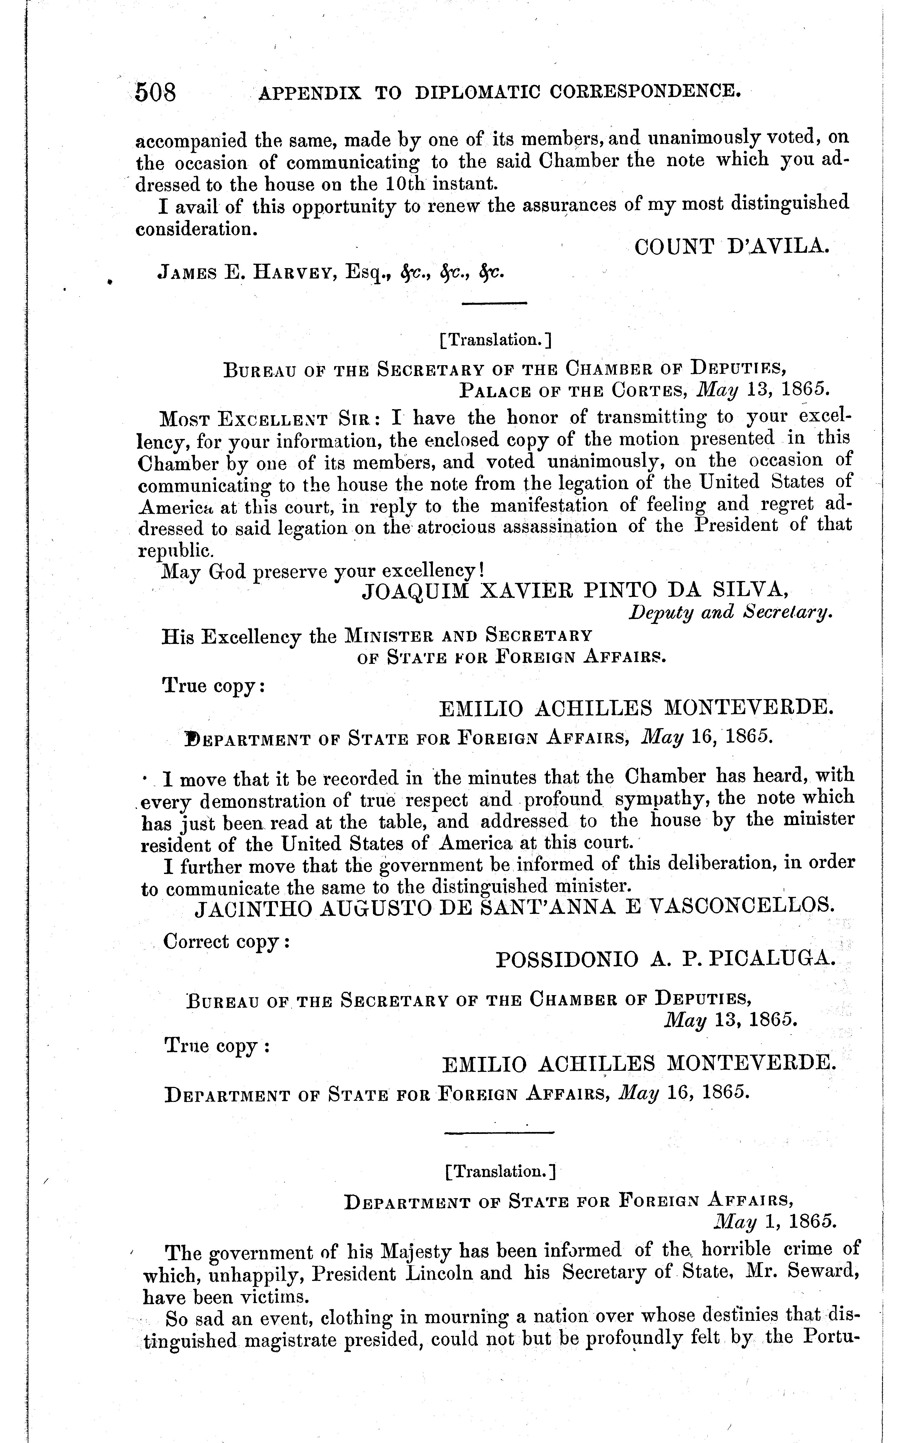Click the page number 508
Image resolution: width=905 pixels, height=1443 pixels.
(x=156, y=93)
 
